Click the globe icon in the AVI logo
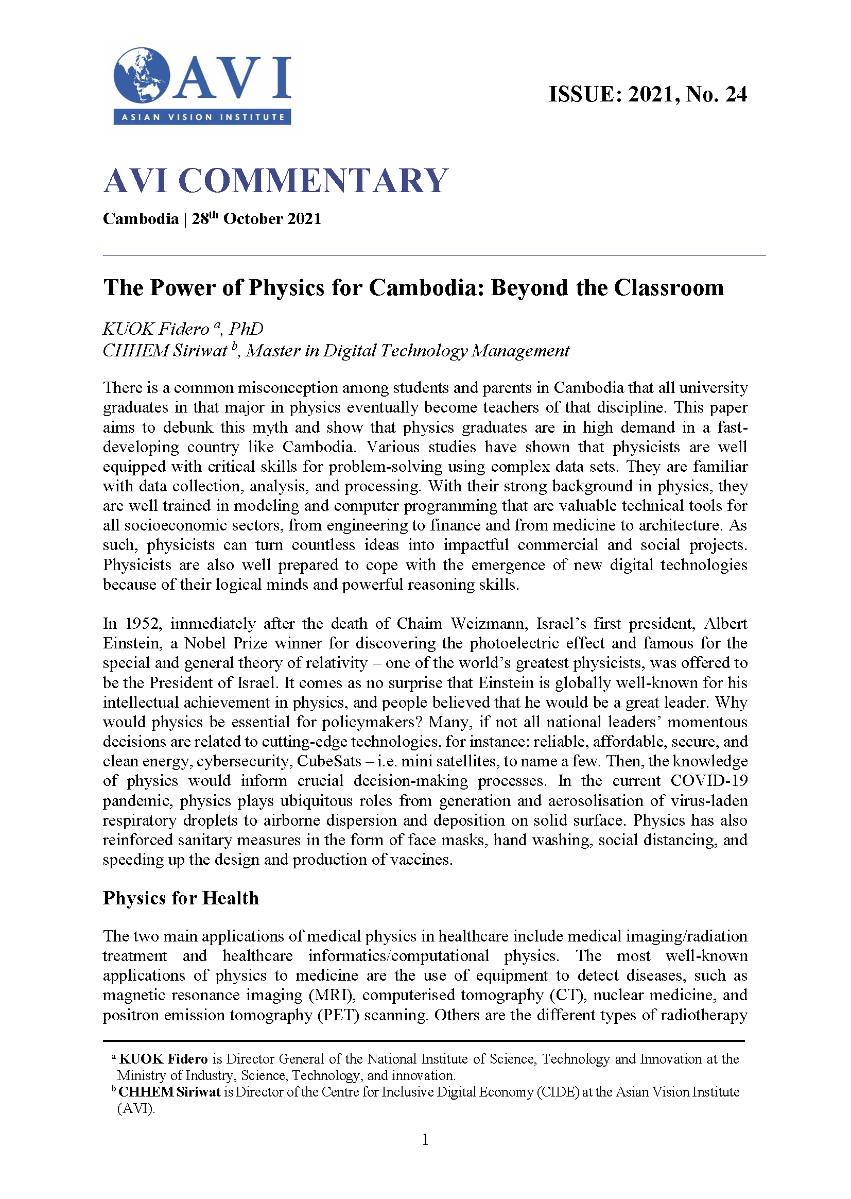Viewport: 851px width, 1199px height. tap(142, 75)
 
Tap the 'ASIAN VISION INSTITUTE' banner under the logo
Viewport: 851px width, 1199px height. tap(202, 117)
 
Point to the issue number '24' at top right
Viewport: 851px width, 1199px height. tap(736, 94)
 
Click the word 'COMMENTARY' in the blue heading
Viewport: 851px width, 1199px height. tap(313, 181)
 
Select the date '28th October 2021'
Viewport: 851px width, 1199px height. tap(256, 218)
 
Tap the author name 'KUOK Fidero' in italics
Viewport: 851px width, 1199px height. tap(155, 329)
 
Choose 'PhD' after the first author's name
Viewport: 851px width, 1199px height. tap(246, 329)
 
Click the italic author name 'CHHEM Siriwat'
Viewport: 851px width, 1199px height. tap(165, 351)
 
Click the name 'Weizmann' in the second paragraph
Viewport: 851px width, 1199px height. tap(489, 624)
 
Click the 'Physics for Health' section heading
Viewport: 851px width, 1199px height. tap(181, 898)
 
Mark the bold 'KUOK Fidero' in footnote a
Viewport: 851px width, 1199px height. tap(164, 1059)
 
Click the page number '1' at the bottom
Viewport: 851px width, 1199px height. tap(425, 1139)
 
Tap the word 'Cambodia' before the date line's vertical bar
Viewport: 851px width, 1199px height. tap(141, 218)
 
